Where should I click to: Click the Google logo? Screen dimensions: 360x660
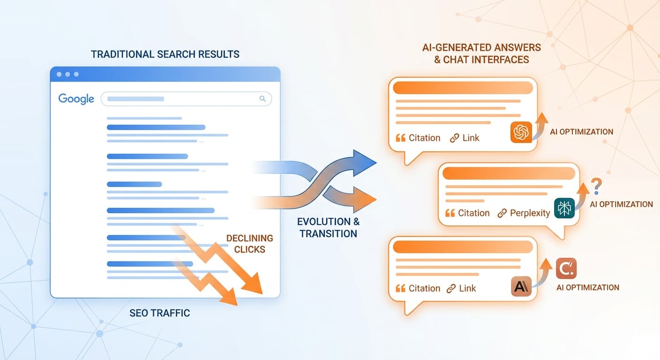point(76,99)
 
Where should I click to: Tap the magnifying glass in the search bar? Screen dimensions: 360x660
point(262,99)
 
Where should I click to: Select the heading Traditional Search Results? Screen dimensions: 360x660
point(165,54)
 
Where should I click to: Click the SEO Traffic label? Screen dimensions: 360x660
point(160,313)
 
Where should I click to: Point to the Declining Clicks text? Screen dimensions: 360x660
point(249,244)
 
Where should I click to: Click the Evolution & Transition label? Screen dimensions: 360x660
point(328,227)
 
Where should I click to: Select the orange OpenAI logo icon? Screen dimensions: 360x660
point(521,132)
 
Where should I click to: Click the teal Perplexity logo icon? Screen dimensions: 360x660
point(564,208)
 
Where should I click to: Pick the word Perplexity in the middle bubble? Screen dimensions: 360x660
point(530,213)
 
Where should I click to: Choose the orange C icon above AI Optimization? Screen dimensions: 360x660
point(566,269)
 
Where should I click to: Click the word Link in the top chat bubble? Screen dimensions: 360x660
point(471,138)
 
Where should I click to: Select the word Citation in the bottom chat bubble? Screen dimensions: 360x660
point(424,288)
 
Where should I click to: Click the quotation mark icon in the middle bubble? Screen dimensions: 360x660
point(450,213)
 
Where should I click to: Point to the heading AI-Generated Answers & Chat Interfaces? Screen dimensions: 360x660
point(482,53)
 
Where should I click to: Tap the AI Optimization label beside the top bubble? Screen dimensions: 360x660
point(581,132)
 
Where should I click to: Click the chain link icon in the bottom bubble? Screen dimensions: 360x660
point(451,289)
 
